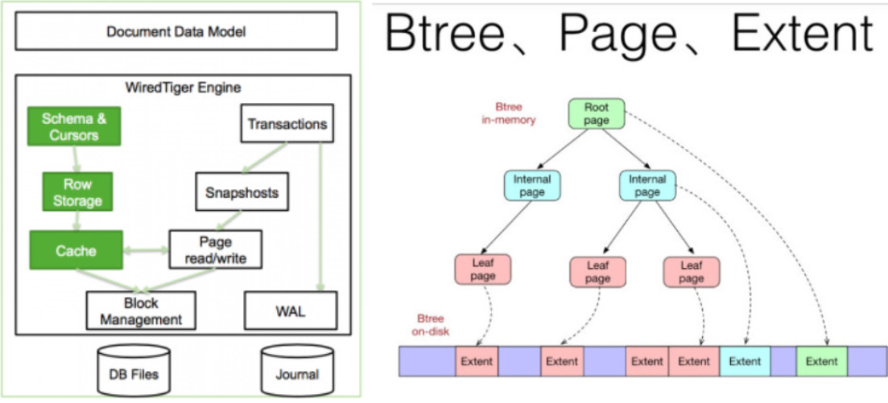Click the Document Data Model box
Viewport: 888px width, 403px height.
click(176, 33)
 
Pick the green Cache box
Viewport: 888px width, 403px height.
click(76, 251)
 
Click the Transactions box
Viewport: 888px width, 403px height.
click(287, 125)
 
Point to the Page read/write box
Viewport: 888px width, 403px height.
click(215, 250)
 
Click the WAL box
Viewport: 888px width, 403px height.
click(288, 310)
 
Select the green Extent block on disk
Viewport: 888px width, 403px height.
click(821, 361)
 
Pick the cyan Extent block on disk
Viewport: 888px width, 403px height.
click(745, 361)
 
